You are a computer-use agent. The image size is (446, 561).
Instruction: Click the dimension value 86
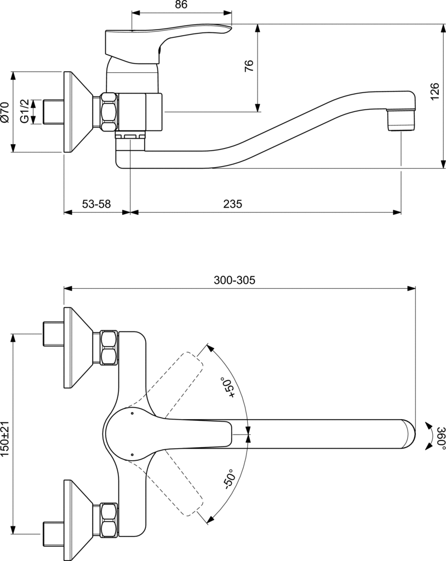(x=181, y=5)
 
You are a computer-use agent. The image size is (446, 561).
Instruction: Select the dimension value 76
(x=249, y=66)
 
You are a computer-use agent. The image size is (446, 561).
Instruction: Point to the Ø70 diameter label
(x=5, y=112)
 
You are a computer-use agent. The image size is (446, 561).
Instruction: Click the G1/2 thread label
(x=25, y=111)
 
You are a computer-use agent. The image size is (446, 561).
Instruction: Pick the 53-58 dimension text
(x=96, y=204)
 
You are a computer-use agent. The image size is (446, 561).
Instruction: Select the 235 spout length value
(x=232, y=204)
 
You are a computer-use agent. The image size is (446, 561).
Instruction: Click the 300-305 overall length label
(x=235, y=279)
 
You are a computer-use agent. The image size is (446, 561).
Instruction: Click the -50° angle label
(x=228, y=479)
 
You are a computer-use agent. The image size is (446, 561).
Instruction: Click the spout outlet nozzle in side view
(x=401, y=119)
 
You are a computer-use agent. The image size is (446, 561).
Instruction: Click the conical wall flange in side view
(x=77, y=112)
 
